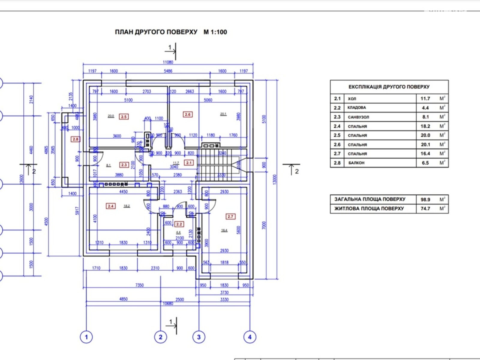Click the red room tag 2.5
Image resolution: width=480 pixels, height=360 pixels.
[x=124, y=117]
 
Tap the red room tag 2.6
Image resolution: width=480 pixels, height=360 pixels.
[x=187, y=114]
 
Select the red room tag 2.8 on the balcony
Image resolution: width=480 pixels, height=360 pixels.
[x=75, y=139]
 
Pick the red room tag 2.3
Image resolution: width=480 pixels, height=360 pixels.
[x=124, y=165]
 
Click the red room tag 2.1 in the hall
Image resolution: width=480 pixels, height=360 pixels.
[x=189, y=163]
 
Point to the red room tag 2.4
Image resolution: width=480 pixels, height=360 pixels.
[x=111, y=206]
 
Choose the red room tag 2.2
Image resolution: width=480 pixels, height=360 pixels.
[x=179, y=224]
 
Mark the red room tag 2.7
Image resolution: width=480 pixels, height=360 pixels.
[x=230, y=216]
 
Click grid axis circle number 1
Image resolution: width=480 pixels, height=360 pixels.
[x=86, y=337]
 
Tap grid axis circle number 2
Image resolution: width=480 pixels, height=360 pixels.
[x=160, y=337]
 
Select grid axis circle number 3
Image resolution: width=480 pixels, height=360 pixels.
[x=199, y=337]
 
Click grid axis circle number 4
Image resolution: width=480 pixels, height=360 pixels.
[x=250, y=337]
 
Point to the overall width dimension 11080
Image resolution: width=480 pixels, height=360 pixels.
[x=168, y=62]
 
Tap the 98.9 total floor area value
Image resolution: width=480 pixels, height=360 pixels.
[x=425, y=199]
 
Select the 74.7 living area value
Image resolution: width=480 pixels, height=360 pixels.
[x=425, y=208]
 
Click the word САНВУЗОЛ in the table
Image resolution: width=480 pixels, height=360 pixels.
[x=358, y=117]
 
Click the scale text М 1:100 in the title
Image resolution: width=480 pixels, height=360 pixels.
[x=215, y=32]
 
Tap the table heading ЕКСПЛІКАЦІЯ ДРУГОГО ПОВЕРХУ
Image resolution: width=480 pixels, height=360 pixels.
[x=389, y=87]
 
